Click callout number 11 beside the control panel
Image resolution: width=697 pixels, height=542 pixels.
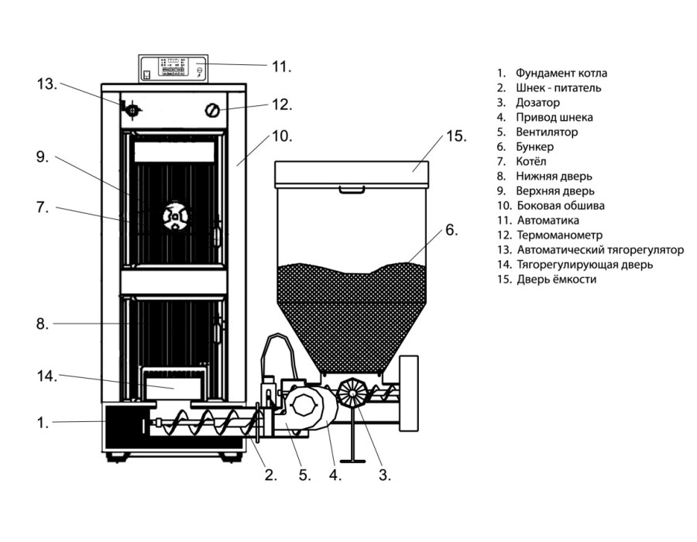pos(281,67)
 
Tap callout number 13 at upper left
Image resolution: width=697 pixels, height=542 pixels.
pos(46,84)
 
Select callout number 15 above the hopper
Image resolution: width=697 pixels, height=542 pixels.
pos(456,136)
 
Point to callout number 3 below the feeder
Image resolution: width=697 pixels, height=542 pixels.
pos(385,475)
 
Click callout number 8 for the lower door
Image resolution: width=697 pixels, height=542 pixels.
pos(43,324)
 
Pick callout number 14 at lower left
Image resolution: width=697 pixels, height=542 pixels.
pos(46,376)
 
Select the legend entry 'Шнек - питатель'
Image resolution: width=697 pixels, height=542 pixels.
pos(558,88)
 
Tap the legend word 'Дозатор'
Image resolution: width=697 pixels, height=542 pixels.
pos(538,103)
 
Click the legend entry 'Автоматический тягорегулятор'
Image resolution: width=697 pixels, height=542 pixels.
pos(600,249)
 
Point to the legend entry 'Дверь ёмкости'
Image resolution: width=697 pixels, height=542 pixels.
pos(557,279)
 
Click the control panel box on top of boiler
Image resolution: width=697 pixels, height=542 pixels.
pos(173,69)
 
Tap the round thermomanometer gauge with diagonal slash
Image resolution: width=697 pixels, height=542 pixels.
pos(212,110)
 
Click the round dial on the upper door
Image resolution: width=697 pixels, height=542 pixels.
pos(175,218)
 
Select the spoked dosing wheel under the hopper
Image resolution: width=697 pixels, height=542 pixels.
pos(351,392)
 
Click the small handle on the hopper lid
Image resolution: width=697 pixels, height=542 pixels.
pos(352,190)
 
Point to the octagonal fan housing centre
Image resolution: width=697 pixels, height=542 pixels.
pos(305,405)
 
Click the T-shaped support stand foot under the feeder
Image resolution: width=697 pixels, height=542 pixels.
pos(352,461)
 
